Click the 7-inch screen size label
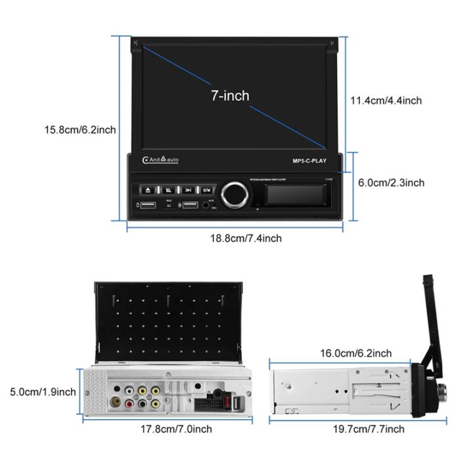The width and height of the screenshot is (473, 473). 230,96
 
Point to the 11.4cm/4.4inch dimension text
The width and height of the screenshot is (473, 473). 386,101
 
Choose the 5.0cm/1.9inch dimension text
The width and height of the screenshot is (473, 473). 43,392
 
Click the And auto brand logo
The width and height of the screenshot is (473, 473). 160,160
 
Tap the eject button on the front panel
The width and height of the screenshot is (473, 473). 148,189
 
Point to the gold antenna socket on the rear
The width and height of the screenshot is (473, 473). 115,402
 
